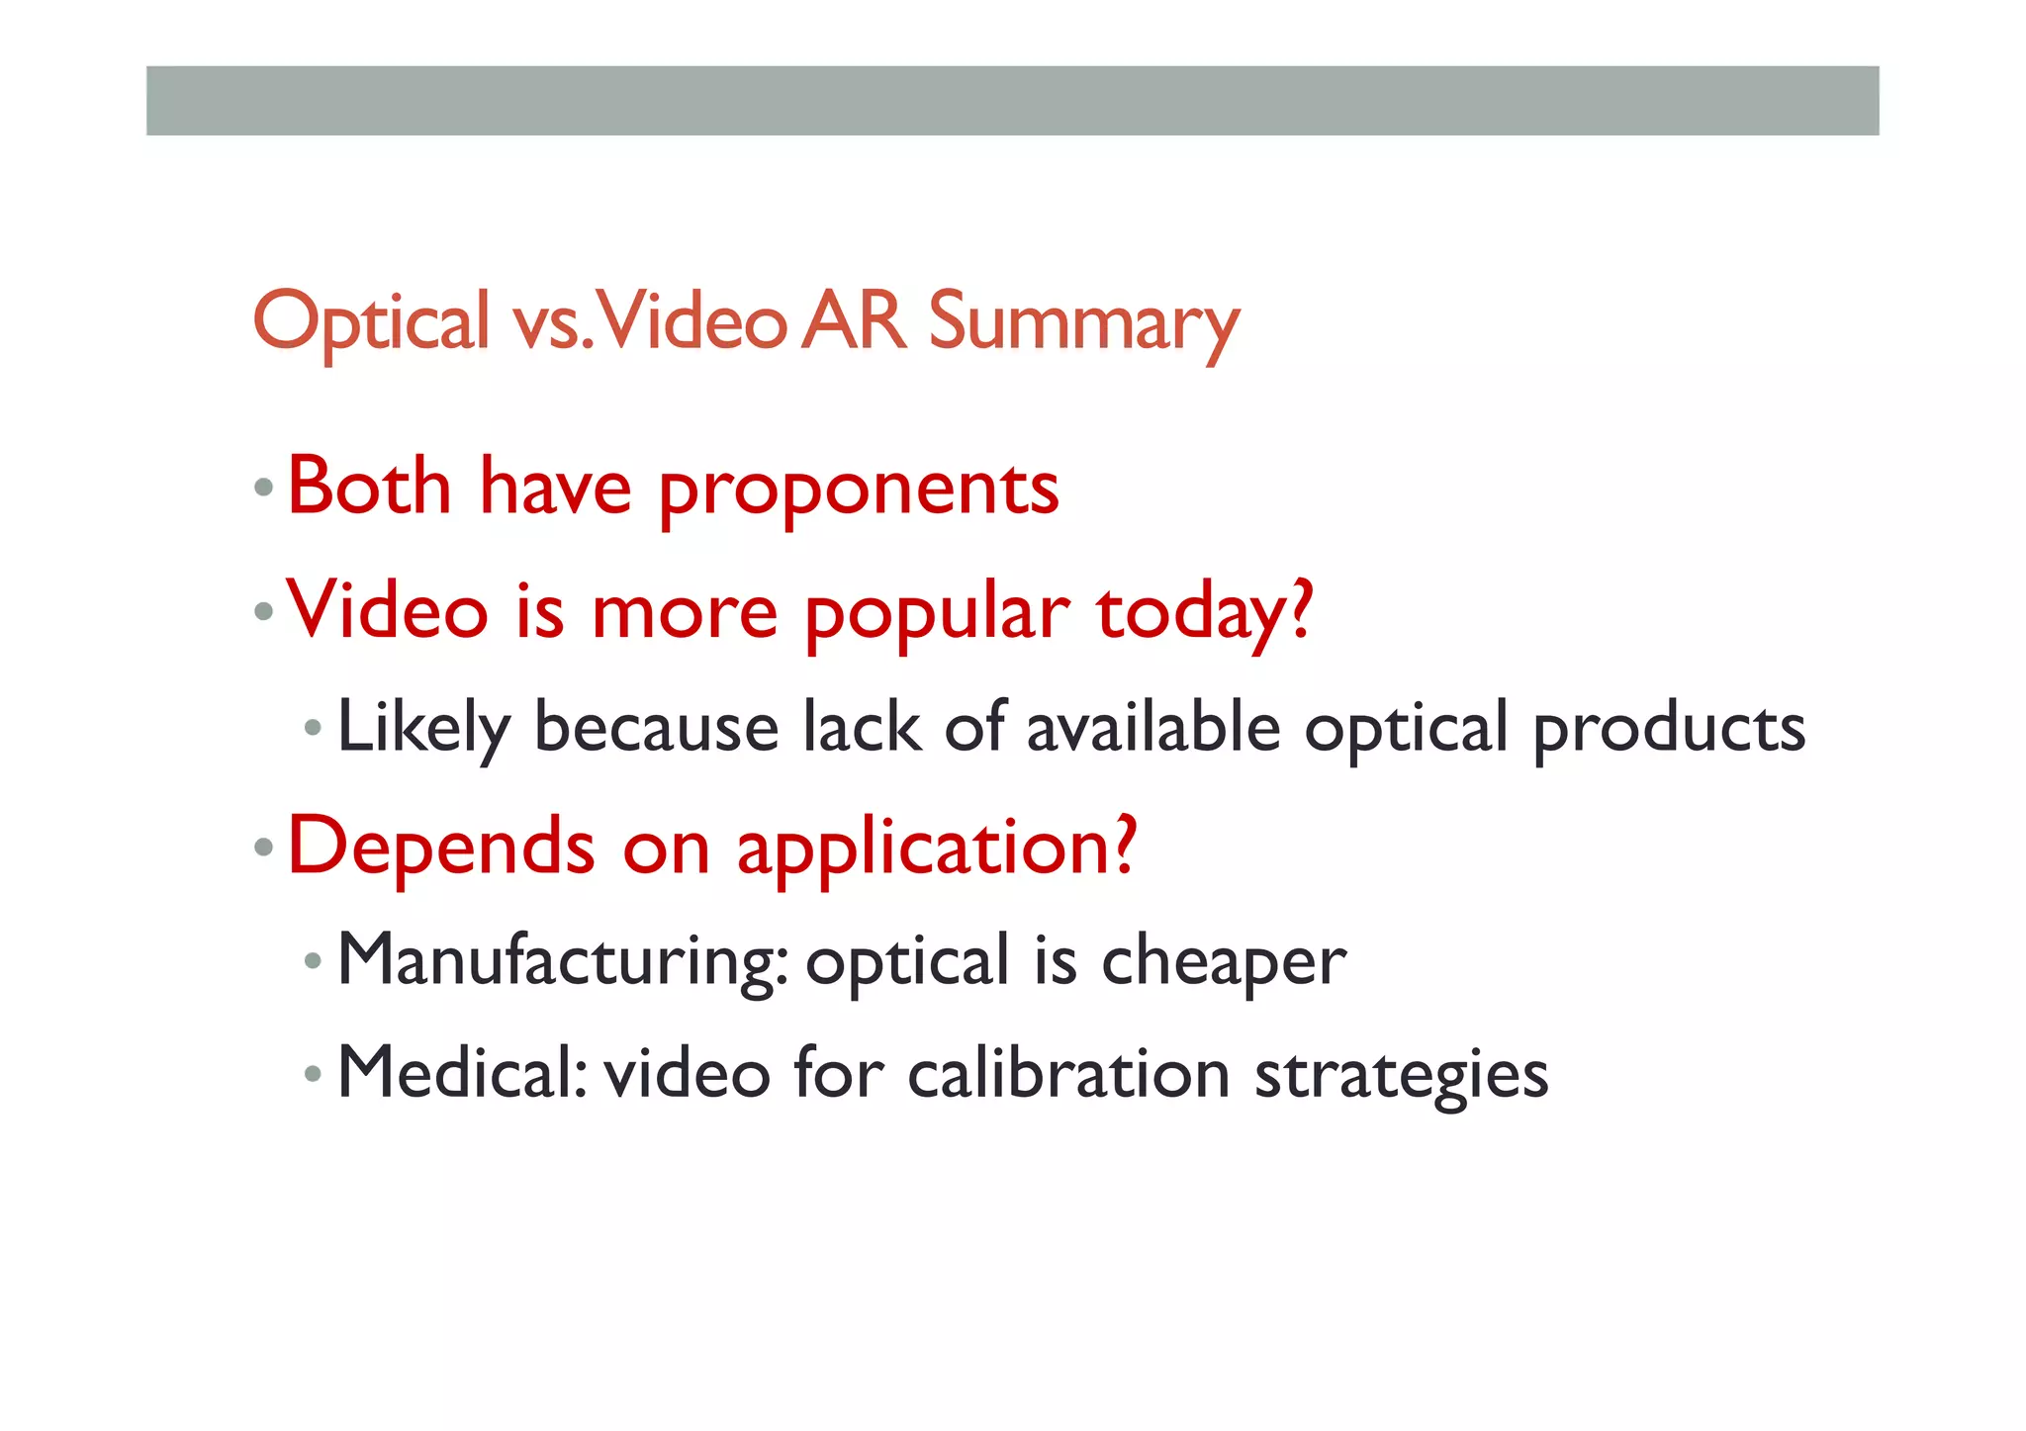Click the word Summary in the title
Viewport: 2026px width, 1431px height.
[1083, 322]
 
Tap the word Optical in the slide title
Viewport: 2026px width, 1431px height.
[371, 322]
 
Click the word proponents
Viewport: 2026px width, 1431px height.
[859, 490]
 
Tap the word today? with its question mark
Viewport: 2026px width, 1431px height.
[1205, 613]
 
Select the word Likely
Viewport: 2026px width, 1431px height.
[423, 729]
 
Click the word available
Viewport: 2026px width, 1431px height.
[1153, 728]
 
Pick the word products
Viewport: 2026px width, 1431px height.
[1669, 730]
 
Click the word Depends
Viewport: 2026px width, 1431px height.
[441, 848]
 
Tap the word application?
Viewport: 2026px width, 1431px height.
[937, 849]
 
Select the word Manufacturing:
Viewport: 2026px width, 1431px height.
[563, 960]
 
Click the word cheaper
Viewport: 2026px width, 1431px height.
[1224, 961]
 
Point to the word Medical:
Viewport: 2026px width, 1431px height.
[463, 1073]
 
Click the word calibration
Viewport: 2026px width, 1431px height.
[1068, 1074]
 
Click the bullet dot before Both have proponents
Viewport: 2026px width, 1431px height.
[263, 488]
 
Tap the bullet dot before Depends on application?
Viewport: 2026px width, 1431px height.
[263, 848]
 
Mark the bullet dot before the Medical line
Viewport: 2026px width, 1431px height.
[313, 1074]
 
